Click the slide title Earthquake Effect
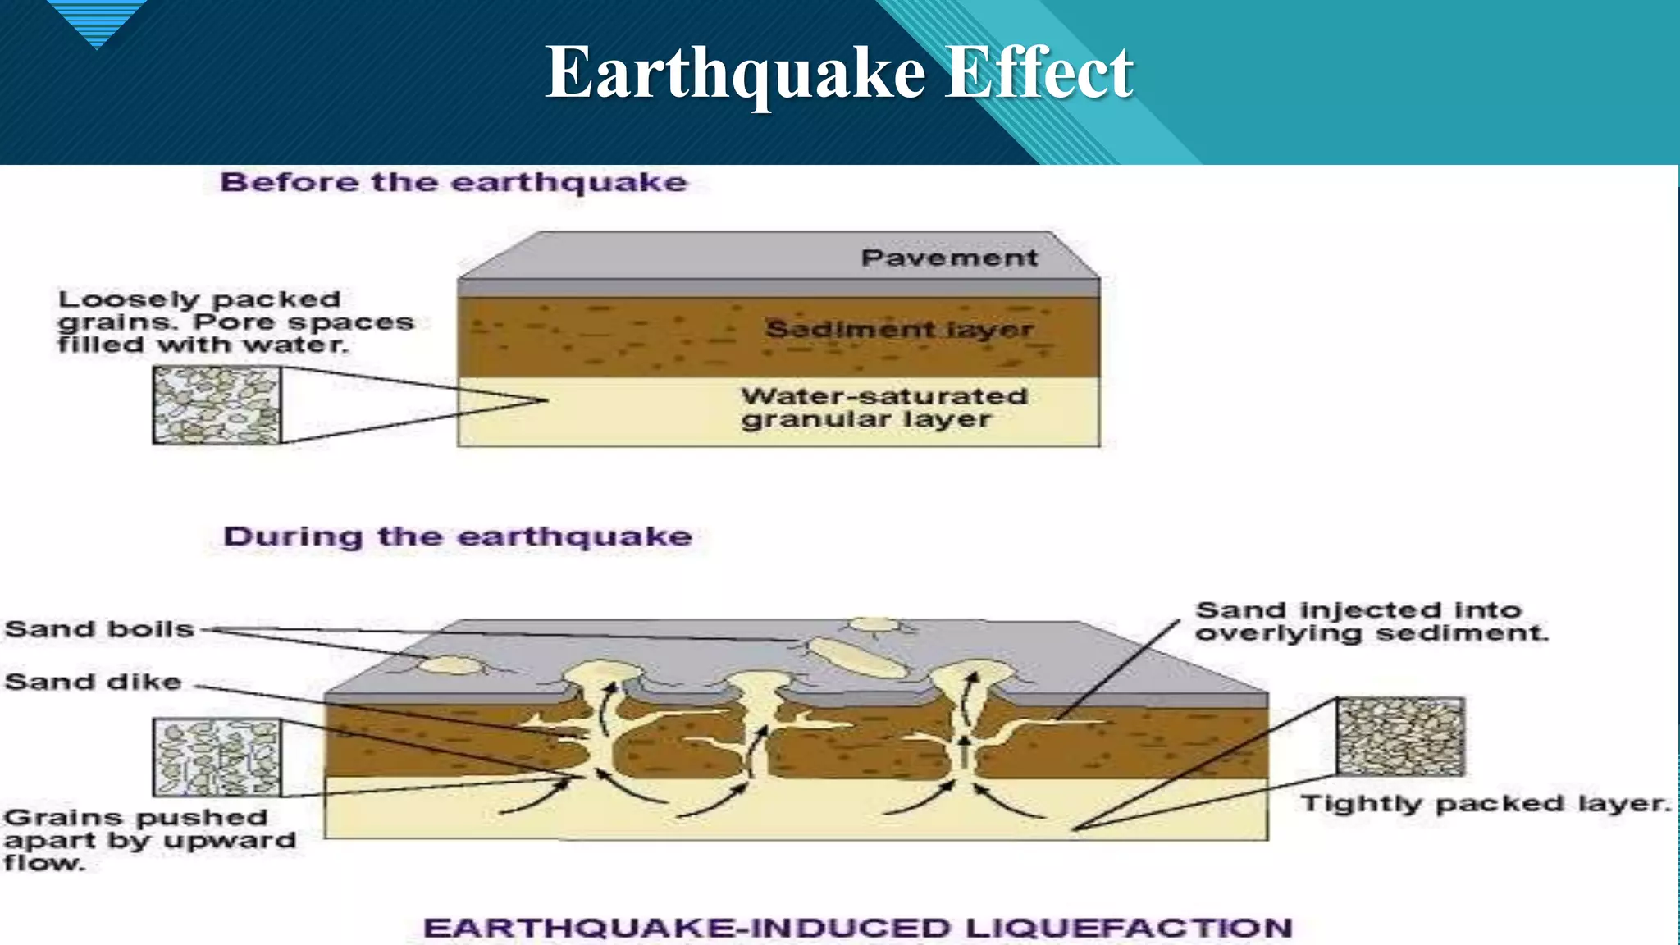(838, 73)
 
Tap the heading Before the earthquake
(453, 182)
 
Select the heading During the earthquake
(458, 536)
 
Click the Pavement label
(949, 258)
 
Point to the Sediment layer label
(899, 330)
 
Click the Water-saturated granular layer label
(883, 408)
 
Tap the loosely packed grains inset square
(217, 405)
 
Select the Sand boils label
(99, 629)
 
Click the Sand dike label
(93, 682)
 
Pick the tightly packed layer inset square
(1400, 736)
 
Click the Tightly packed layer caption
(1486, 803)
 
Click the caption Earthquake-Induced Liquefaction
(857, 928)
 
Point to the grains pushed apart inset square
(217, 757)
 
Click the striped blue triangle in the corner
(97, 21)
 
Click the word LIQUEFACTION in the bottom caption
(1128, 928)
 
